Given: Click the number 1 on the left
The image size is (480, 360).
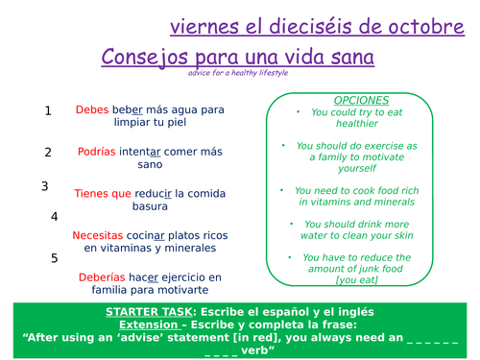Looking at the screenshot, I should pyautogui.click(x=48, y=111).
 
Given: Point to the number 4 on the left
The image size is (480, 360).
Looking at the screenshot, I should pyautogui.click(x=54, y=217).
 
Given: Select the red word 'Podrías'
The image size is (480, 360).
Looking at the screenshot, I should pyautogui.click(x=100, y=152).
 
